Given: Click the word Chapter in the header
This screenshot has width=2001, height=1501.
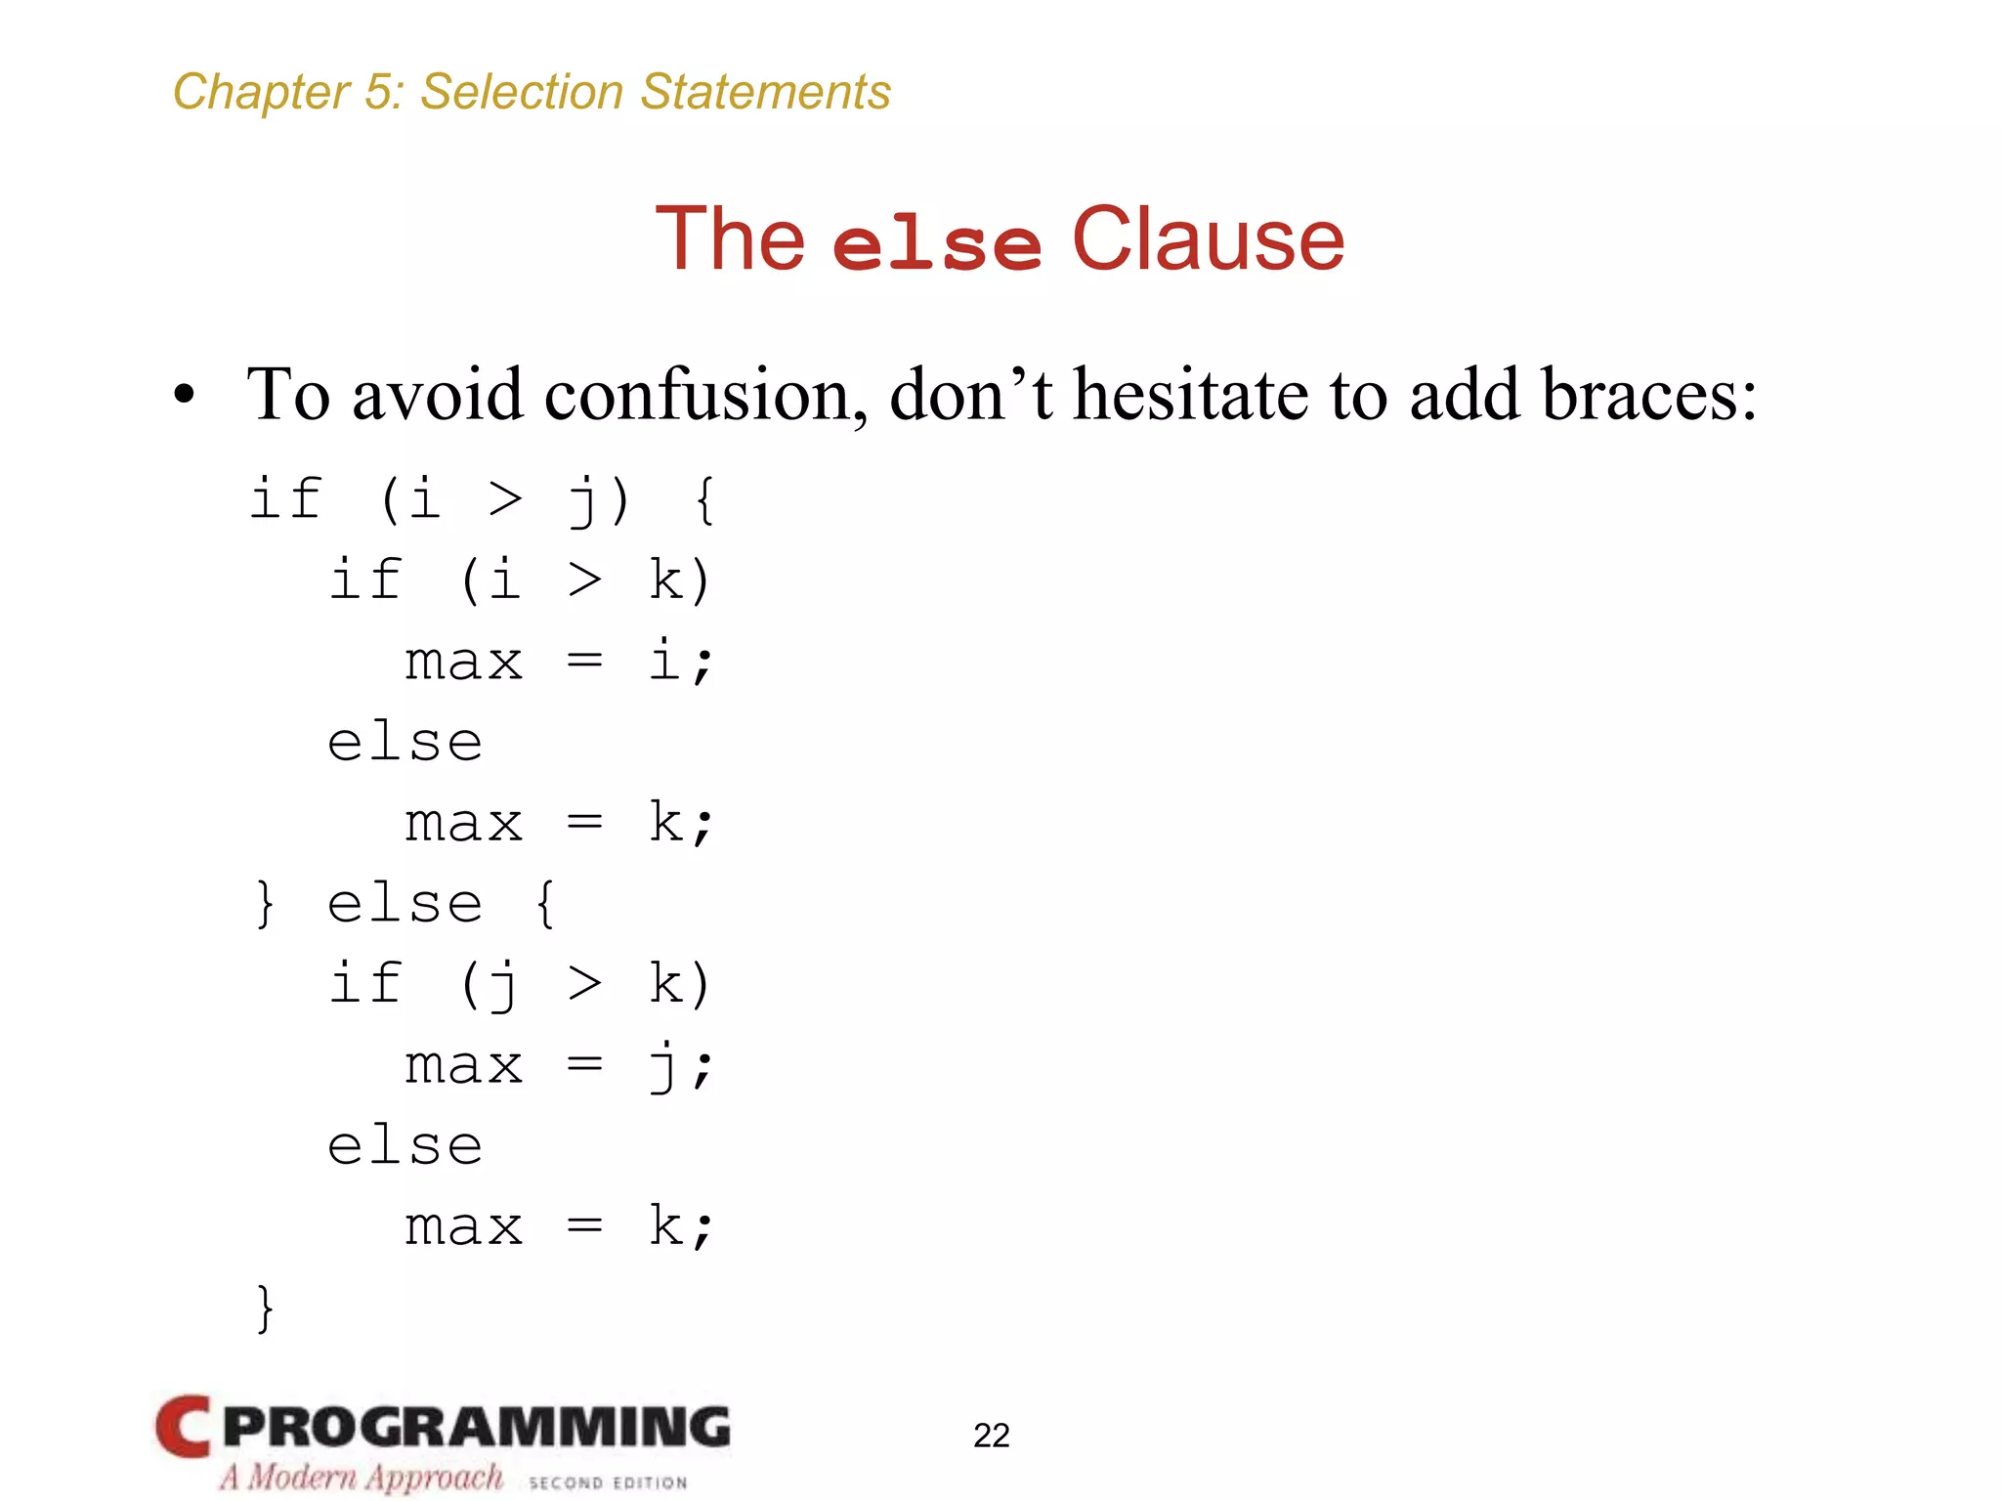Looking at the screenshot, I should point(260,93).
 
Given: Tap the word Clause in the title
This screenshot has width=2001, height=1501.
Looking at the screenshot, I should point(1208,239).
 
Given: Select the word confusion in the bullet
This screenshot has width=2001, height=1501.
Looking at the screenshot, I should point(704,396).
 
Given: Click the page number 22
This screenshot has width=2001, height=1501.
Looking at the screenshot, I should point(991,1436).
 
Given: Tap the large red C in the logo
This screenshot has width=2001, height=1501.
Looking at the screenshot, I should point(183,1426).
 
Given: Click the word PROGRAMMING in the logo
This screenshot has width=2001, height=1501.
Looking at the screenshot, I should point(476,1427).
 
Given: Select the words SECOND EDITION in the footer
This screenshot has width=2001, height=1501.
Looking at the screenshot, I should point(608,1482).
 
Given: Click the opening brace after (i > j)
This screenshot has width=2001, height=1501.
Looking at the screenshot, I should point(705,500).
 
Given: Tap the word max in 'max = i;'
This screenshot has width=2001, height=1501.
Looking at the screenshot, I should point(464,663).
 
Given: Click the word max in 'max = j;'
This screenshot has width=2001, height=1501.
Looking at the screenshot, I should point(464,1066).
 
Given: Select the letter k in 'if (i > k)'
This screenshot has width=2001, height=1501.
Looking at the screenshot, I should point(666,580).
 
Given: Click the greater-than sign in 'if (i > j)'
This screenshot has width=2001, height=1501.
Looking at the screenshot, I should point(505,500).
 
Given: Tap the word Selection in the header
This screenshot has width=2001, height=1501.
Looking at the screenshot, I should point(522,93).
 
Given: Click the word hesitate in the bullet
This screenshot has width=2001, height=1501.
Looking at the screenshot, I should point(1190,396).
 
